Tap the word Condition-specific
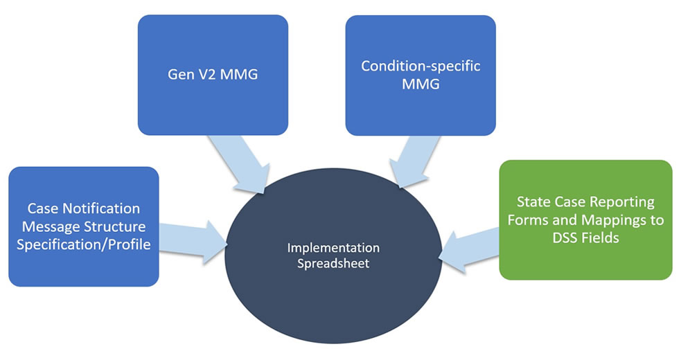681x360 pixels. click(421, 66)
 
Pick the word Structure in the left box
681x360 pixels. click(114, 226)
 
